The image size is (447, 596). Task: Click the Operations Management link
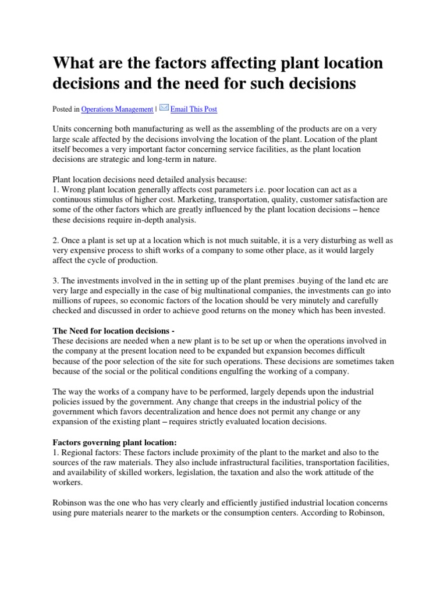117,109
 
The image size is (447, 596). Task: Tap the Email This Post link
194,109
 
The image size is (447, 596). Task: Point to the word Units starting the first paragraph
63,129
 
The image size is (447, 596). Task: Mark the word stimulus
117,200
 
